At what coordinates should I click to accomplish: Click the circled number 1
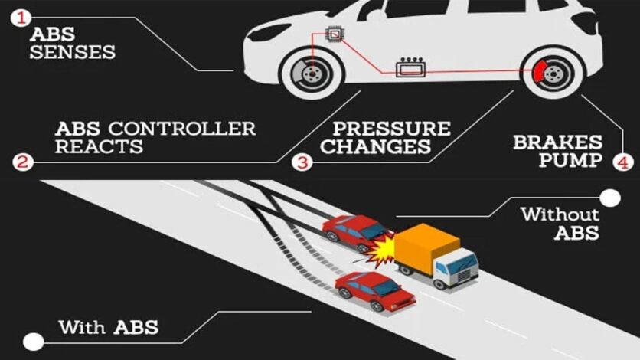tap(21, 16)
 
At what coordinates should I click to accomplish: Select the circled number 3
tap(304, 162)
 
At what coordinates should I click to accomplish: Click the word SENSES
tap(72, 53)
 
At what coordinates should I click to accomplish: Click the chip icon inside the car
tap(335, 34)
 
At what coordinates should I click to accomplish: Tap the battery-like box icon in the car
tap(412, 70)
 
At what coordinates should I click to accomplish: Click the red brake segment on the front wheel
tap(541, 73)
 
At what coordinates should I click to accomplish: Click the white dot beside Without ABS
tap(610, 199)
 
